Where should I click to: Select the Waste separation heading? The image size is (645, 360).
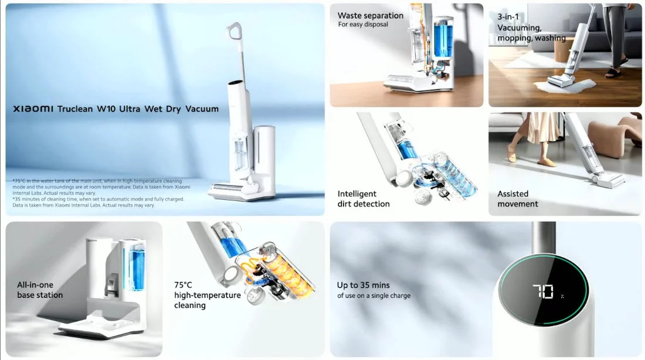click(370, 16)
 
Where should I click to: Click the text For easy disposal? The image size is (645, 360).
click(363, 25)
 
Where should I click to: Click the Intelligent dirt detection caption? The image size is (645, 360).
click(363, 199)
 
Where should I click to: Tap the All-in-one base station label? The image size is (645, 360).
click(40, 290)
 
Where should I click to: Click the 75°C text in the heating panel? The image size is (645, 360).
click(184, 285)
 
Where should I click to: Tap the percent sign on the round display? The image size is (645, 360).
click(562, 296)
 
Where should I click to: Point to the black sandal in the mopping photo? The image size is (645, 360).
click(613, 73)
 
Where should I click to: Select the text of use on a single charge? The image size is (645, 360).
click(374, 296)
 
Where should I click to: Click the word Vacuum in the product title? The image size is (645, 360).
click(202, 109)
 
